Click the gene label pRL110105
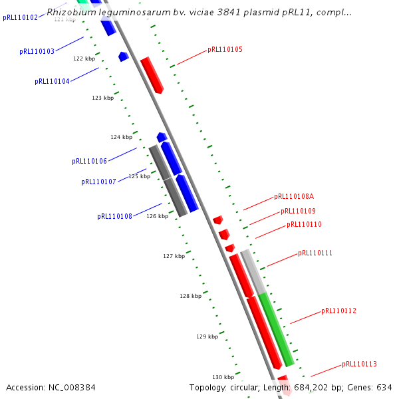coord(225,49)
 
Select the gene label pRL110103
coord(37,51)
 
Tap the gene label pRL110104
coord(52,81)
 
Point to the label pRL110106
coord(89,161)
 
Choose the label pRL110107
coord(98,182)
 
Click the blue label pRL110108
coord(114,216)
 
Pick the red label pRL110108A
coord(294,196)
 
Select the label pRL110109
coord(298,211)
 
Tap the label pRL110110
coord(304,224)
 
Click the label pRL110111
coord(315,253)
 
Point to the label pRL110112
coord(338,311)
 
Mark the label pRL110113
coord(359,364)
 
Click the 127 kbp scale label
coord(174,255)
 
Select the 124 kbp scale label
coord(121,137)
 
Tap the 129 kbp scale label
coord(207,336)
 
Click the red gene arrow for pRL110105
coord(152,74)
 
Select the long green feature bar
coord(276,329)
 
